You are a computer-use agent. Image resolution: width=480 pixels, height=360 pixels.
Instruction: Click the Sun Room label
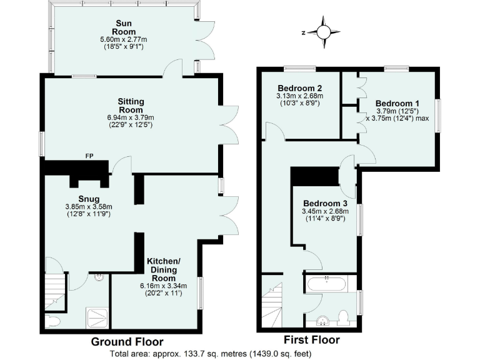[x=124, y=27]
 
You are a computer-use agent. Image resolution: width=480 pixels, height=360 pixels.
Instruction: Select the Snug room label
[x=89, y=199]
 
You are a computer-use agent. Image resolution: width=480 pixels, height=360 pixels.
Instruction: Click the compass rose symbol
[x=324, y=32]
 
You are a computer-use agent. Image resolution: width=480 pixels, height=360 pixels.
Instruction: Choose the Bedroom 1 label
[x=397, y=103]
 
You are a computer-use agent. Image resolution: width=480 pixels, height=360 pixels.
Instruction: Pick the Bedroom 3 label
[x=326, y=204]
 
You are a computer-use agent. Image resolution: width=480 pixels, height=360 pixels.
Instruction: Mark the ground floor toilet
[x=52, y=322]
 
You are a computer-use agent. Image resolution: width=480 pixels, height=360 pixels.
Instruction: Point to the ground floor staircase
[x=57, y=291]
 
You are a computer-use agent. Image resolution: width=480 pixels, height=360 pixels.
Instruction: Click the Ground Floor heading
[x=127, y=342]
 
